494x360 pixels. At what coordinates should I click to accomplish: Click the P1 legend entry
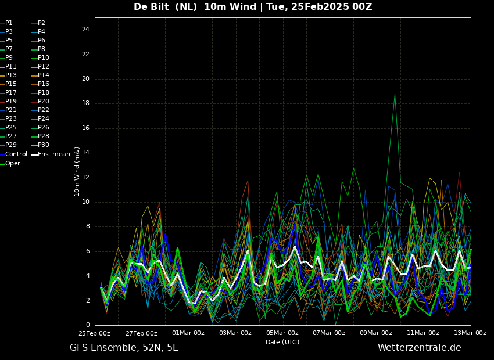click(x=6, y=23)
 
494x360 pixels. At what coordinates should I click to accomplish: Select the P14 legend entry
click(x=41, y=75)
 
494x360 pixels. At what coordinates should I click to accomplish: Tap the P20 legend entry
click(x=41, y=102)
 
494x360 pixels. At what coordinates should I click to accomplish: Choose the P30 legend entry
click(x=41, y=145)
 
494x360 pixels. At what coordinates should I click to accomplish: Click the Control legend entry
click(x=13, y=154)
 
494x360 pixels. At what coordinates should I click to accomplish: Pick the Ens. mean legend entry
click(x=51, y=154)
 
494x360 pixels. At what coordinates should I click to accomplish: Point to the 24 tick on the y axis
click(x=85, y=30)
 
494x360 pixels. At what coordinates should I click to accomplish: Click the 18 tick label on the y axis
click(x=85, y=103)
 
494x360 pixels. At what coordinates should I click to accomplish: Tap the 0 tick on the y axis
click(x=88, y=325)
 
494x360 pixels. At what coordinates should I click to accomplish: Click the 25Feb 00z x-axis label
click(x=95, y=333)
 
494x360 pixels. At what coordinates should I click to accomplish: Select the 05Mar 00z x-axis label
click(x=282, y=333)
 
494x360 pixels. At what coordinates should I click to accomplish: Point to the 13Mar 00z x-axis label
click(x=470, y=333)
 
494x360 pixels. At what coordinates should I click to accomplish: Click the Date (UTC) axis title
click(x=282, y=342)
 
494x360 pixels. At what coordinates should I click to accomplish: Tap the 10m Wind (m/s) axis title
click(x=77, y=171)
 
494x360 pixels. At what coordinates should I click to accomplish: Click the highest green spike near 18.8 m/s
click(x=395, y=94)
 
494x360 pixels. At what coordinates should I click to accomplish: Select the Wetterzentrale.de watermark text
click(x=420, y=348)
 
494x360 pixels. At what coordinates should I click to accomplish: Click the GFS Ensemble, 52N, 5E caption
click(x=124, y=348)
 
